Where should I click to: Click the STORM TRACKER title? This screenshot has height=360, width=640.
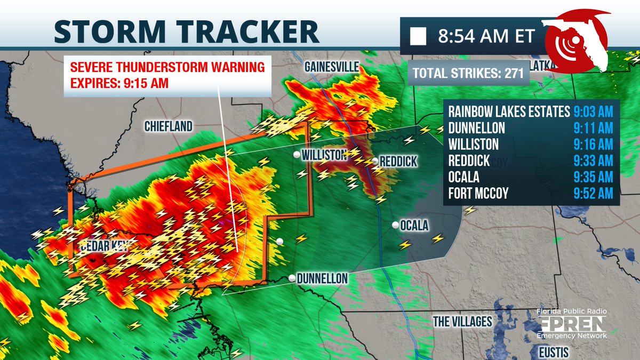[187, 31]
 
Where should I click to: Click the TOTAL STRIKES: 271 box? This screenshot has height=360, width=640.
[468, 74]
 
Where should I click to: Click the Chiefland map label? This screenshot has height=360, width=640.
[168, 126]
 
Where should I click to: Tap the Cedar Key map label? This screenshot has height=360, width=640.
[107, 246]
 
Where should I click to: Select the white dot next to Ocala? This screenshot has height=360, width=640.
[395, 225]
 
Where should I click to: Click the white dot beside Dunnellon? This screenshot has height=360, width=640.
[292, 278]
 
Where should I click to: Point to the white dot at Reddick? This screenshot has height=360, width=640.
[375, 161]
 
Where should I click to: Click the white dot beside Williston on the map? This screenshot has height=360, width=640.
[297, 155]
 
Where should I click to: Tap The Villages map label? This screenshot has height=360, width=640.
[462, 321]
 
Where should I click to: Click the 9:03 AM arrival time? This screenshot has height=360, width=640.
[593, 112]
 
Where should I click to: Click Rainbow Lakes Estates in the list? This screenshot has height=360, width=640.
[509, 112]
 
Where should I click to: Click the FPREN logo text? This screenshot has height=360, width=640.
[572, 323]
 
